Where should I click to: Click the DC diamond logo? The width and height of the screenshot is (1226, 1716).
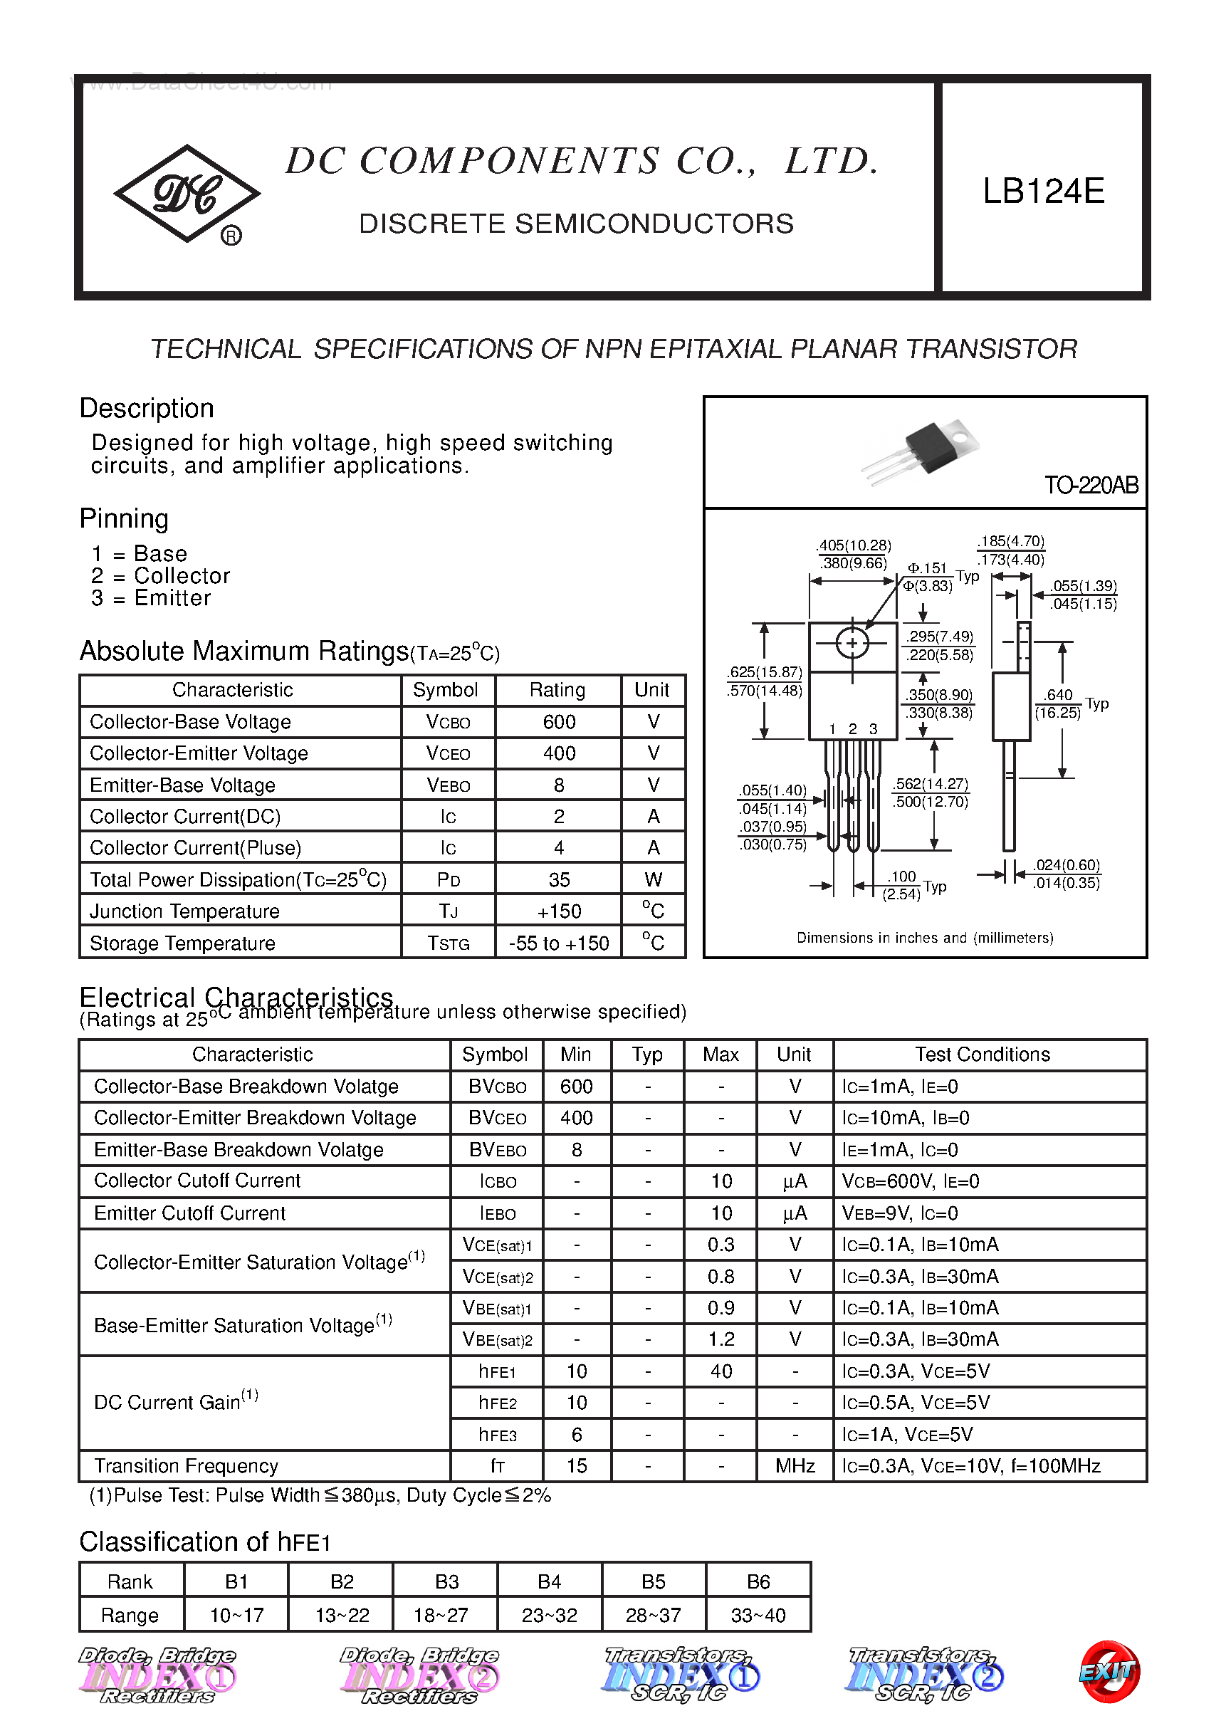pyautogui.click(x=187, y=193)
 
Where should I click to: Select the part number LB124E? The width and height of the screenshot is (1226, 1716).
pyautogui.click(x=1043, y=191)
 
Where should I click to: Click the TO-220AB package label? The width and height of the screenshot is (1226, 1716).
pyautogui.click(x=1091, y=485)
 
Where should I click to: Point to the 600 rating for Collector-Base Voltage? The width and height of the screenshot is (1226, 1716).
pyautogui.click(x=559, y=722)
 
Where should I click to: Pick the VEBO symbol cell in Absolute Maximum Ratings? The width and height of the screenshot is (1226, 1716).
pyautogui.click(x=448, y=785)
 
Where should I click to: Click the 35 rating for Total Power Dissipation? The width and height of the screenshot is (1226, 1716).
pyautogui.click(x=559, y=879)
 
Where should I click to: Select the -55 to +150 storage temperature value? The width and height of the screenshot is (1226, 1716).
pyautogui.click(x=559, y=943)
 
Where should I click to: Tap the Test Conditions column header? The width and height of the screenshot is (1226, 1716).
pyautogui.click(x=983, y=1054)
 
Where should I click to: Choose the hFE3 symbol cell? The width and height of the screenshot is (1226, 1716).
pyautogui.click(x=497, y=1435)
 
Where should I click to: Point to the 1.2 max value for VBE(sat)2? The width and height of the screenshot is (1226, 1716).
pyautogui.click(x=721, y=1339)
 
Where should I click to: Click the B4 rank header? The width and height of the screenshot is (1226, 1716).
pyautogui.click(x=549, y=1581)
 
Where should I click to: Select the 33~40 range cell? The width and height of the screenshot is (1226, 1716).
pyautogui.click(x=758, y=1615)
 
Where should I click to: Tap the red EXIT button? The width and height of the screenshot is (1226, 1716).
pyautogui.click(x=1109, y=1671)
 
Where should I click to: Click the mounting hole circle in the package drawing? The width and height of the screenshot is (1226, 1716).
pyautogui.click(x=852, y=644)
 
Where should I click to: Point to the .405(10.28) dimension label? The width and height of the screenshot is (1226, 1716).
pyautogui.click(x=854, y=545)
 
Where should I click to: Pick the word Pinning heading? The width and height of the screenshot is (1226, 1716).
pyautogui.click(x=124, y=518)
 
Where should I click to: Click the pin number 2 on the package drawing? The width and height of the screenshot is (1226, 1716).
pyautogui.click(x=852, y=728)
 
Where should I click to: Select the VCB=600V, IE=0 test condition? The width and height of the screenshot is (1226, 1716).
pyautogui.click(x=911, y=1181)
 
